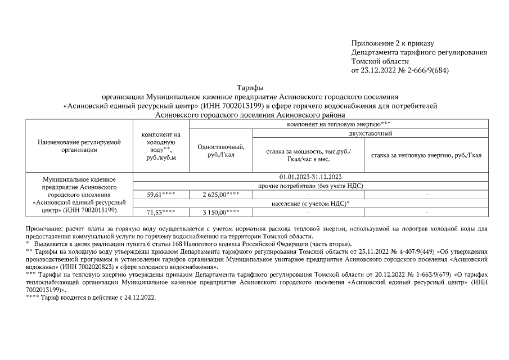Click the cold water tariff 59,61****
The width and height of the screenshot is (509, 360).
pos(161,195)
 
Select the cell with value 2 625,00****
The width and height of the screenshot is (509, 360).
pos(221,195)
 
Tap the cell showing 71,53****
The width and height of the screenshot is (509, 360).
pos(161,213)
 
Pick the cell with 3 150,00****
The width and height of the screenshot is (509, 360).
pos(221,213)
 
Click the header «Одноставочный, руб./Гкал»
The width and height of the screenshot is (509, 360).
pos(221,151)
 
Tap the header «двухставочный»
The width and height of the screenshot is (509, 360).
pos(371,133)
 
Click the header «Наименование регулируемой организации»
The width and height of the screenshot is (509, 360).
pos(79,146)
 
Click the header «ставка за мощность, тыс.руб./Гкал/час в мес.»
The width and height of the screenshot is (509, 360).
pos(308,155)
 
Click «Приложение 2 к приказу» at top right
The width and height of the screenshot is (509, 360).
pos(393,43)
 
